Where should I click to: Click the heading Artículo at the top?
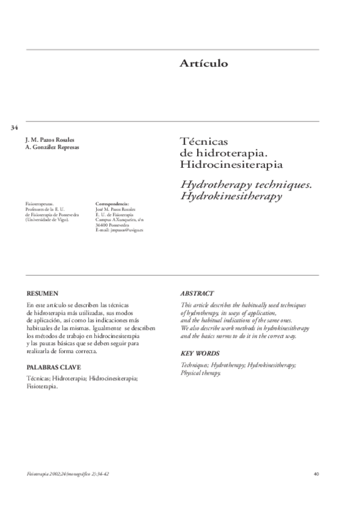tap(203, 64)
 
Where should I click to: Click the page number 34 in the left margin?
tap(14, 127)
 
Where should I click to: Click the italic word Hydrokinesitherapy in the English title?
tap(231, 196)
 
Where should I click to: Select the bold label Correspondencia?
tap(112, 204)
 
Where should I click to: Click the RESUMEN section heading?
tap(42, 293)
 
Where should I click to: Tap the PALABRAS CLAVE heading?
tap(54, 366)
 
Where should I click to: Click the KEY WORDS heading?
tap(200, 354)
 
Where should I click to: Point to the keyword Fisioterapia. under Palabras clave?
tap(43, 387)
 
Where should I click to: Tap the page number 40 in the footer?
tap(316, 474)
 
